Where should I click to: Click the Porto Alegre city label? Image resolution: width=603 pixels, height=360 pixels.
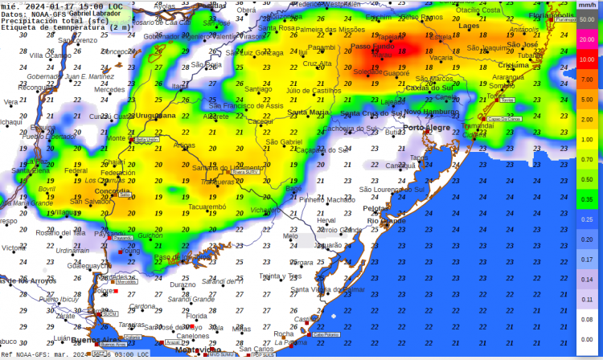pyautogui.click(x=425, y=128)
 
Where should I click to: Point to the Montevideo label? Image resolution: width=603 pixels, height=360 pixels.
pyautogui.click(x=198, y=350)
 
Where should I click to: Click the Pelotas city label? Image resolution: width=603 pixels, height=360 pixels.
pyautogui.click(x=376, y=208)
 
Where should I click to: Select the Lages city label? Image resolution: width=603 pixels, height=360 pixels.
pyautogui.click(x=469, y=26)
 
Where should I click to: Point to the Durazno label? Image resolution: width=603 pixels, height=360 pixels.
pyautogui.click(x=183, y=284)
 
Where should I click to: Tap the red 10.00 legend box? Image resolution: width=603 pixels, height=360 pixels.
pyautogui.click(x=587, y=60)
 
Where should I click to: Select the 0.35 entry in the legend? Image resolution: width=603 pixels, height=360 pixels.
pyautogui.click(x=587, y=199)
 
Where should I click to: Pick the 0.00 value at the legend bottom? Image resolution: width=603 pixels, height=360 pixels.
pyautogui.click(x=587, y=338)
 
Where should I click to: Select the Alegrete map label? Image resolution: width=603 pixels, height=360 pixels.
pyautogui.click(x=215, y=117)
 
